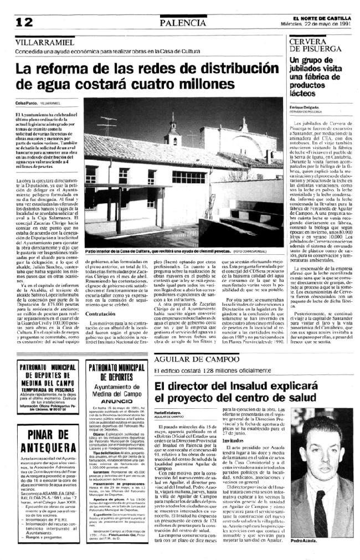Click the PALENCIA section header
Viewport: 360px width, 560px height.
coord(182,22)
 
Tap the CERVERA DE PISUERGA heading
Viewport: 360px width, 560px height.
coord(310,46)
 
